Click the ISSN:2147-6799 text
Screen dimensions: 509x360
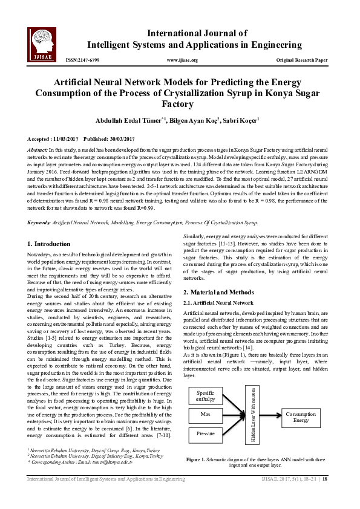point(82,60)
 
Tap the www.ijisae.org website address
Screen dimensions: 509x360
point(181,60)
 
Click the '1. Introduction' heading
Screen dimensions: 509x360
point(49,227)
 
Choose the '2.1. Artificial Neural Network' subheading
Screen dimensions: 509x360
point(218,302)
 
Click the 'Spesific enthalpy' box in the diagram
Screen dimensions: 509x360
point(206,379)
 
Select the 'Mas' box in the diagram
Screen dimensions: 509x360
point(206,398)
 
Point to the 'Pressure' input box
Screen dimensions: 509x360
point(206,417)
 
